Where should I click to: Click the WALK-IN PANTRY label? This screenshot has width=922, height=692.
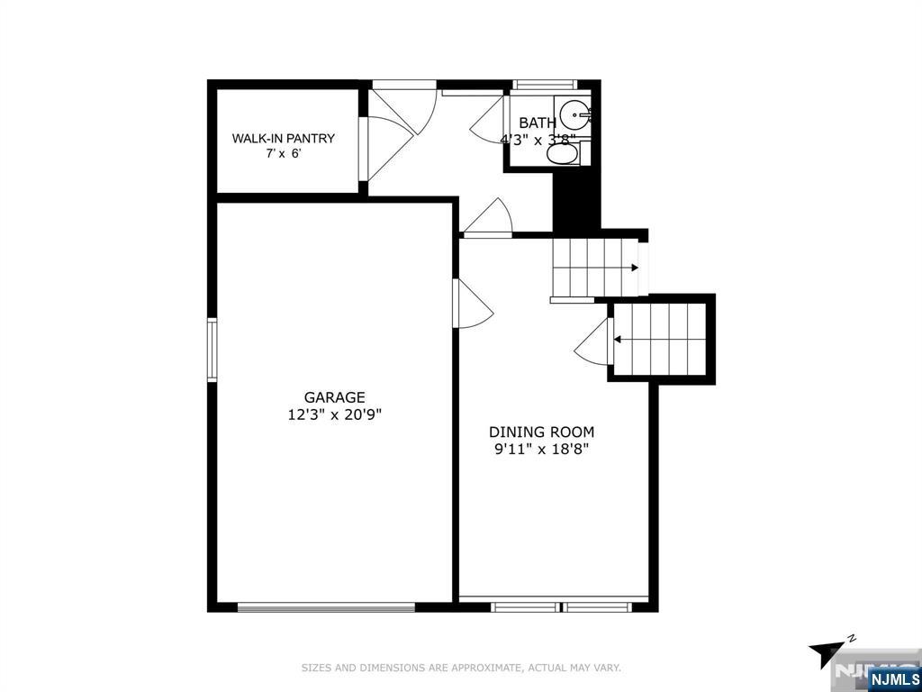(x=284, y=138)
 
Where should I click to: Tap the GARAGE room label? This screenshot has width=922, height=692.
(x=335, y=397)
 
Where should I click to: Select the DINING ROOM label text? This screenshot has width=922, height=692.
(x=541, y=432)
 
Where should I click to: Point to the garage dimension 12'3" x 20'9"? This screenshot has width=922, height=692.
(x=335, y=414)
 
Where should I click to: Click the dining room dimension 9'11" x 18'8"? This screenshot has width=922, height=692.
(x=541, y=450)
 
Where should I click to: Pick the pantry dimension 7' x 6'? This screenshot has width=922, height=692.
(x=284, y=155)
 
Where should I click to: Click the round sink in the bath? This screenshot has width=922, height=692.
(x=574, y=114)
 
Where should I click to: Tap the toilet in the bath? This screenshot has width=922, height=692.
(x=563, y=154)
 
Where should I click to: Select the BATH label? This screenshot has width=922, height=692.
(x=538, y=123)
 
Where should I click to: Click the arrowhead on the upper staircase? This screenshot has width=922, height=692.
(x=635, y=268)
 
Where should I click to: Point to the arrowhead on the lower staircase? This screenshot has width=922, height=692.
(x=618, y=339)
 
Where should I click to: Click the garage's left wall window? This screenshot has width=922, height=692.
(x=212, y=350)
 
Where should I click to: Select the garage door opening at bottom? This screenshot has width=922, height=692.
(x=326, y=606)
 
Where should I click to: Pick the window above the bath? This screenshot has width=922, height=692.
(x=545, y=85)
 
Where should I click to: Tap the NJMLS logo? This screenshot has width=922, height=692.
(x=893, y=679)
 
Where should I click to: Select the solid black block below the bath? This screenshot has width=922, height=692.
(x=577, y=201)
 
